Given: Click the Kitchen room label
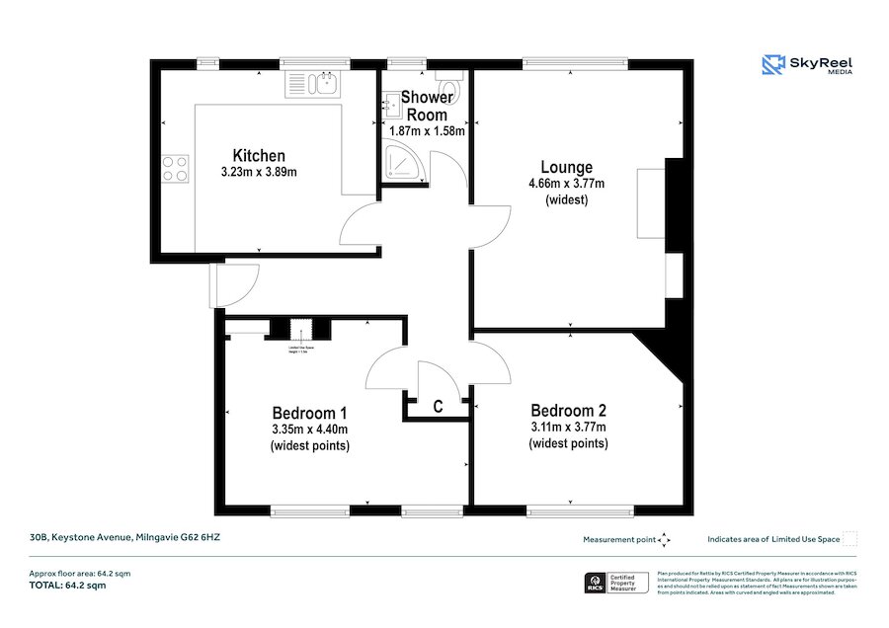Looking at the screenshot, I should tap(259, 155).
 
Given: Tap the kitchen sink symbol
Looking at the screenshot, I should tap(313, 84).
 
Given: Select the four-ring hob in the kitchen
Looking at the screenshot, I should tap(175, 168).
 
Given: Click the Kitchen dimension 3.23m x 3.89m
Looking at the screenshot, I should tap(259, 172).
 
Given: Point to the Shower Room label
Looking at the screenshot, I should tap(427, 106).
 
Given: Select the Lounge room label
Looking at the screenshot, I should tap(566, 167).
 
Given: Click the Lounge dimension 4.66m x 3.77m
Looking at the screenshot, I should tap(566, 183).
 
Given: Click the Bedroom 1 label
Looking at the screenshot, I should tap(309, 412).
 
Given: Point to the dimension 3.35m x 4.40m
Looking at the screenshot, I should tap(309, 429).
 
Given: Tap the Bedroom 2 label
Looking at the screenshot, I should tap(568, 411).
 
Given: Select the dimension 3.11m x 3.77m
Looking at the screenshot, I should tap(568, 427).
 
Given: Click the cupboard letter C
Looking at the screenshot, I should tap(437, 406).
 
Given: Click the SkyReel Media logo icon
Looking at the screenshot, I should tap(772, 65).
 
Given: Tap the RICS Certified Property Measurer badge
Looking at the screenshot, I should tap(617, 582).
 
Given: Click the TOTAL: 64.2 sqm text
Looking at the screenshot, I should tap(66, 586).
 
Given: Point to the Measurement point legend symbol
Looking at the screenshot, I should tap(665, 539).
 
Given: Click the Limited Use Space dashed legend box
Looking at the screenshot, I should tap(849, 539).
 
